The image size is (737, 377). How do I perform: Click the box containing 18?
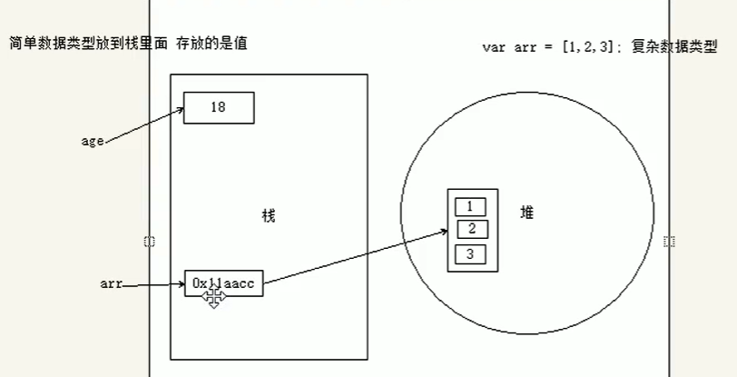[x=218, y=107]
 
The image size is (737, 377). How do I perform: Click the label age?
[x=93, y=142]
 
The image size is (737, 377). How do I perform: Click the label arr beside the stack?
[x=111, y=284]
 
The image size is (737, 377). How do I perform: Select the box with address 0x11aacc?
[x=223, y=283]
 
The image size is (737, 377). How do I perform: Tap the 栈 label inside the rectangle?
[x=268, y=215]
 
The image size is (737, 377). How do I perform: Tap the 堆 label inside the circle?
[x=526, y=212]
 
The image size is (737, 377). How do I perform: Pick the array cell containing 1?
[x=469, y=206]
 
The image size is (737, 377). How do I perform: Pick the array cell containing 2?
[x=470, y=228]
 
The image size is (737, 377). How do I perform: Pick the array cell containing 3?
[x=470, y=253]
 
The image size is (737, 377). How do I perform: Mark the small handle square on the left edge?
[x=150, y=241]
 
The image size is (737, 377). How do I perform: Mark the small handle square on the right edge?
[x=669, y=241]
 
